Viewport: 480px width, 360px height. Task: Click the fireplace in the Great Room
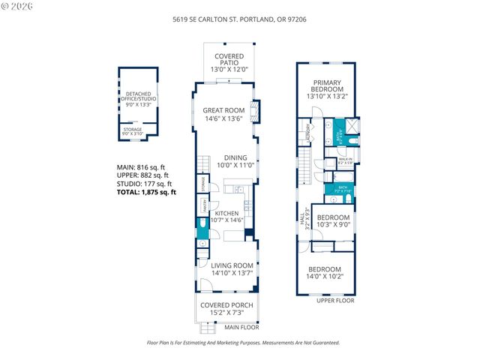click(255, 112)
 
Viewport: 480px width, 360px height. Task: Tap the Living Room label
click(232, 269)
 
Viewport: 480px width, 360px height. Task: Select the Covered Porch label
click(226, 309)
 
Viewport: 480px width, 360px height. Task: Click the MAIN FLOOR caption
click(241, 327)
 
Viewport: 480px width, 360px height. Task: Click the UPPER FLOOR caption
click(334, 301)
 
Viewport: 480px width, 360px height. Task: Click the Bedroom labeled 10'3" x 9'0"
click(331, 220)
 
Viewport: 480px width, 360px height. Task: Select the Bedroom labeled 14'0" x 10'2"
click(325, 273)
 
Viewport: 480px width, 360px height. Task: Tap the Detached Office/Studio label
click(138, 99)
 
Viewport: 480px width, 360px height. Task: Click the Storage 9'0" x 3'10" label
click(133, 131)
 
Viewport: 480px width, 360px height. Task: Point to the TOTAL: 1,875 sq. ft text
click(146, 192)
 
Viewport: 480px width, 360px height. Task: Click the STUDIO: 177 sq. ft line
click(144, 184)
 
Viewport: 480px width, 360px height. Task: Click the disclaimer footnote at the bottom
click(239, 343)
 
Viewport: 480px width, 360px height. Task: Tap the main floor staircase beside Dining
click(204, 163)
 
